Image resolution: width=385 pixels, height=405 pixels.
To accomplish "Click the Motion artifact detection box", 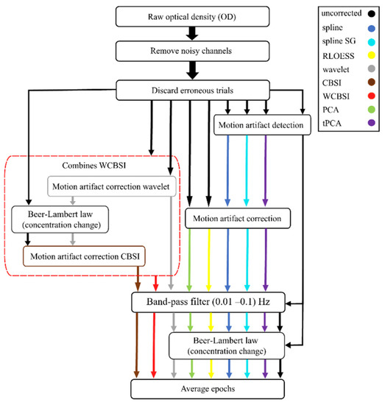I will (x=260, y=105).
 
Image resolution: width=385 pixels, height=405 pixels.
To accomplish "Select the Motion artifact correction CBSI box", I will (x=84, y=257).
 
